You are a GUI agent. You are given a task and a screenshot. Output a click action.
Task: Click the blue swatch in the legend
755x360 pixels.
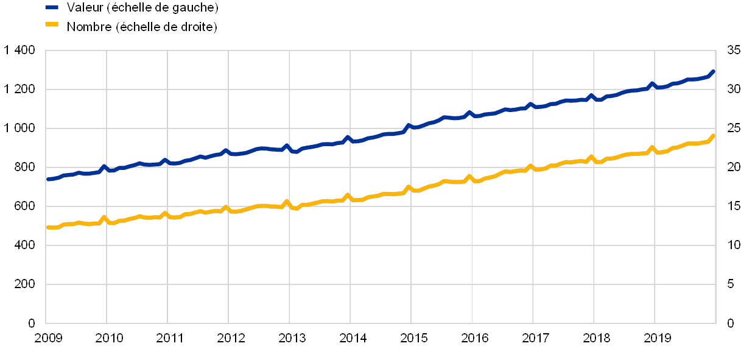point(52,8)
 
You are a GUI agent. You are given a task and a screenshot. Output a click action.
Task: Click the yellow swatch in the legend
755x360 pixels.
point(52,25)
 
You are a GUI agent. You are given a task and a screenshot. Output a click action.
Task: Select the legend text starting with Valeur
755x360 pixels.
point(142,8)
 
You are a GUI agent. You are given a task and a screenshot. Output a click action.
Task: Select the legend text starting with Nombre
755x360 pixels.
point(142,26)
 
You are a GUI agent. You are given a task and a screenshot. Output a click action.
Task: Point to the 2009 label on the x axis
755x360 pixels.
point(48,338)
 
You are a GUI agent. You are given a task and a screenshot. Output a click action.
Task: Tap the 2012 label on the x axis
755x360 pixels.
point(231,338)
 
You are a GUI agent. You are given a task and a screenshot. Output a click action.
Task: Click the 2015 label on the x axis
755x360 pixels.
point(413,338)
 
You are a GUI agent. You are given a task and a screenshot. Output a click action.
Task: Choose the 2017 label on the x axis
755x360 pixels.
point(535,338)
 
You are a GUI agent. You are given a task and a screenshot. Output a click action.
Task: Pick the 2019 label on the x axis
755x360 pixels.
point(657,338)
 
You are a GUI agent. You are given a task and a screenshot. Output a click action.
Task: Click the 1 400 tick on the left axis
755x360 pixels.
point(20,51)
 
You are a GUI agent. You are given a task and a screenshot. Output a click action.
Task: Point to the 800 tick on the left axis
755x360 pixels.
point(24,167)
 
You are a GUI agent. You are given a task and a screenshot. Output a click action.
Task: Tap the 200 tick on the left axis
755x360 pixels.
point(24,284)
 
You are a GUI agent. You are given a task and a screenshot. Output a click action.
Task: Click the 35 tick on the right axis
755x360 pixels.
point(734,51)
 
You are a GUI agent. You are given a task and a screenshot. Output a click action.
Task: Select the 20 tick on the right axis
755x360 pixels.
point(734,167)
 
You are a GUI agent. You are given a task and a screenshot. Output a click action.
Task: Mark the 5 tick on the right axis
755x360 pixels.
point(731,284)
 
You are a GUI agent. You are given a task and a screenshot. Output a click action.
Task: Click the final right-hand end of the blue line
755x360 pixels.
point(713,72)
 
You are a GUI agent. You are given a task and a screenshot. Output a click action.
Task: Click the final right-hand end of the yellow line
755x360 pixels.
point(713,136)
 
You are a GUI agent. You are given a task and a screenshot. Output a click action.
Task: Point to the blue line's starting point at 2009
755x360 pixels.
point(47,179)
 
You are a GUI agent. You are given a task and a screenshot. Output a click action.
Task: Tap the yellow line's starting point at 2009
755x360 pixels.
point(47,227)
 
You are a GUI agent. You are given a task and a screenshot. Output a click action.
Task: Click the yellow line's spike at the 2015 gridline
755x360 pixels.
point(409,188)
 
